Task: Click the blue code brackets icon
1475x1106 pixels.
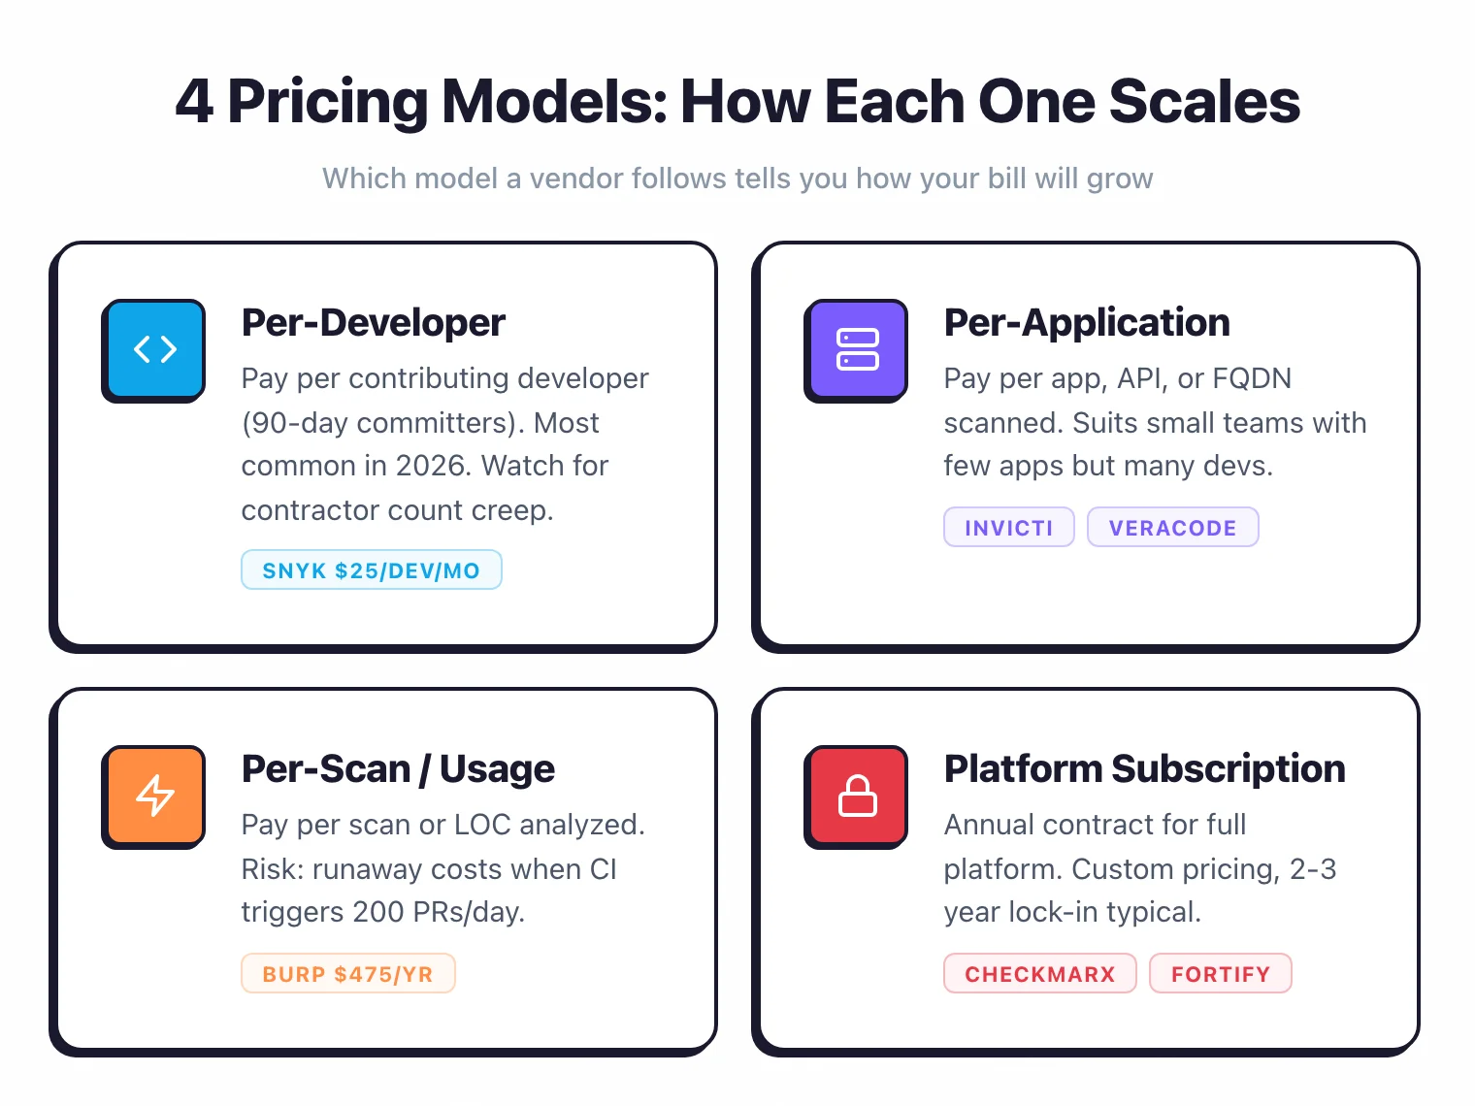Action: [155, 348]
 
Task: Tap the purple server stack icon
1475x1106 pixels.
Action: [858, 348]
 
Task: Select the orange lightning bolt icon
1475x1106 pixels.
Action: [155, 795]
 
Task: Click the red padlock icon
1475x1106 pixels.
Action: [858, 795]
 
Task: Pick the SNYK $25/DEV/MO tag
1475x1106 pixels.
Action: [372, 570]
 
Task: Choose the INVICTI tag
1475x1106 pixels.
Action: [1008, 528]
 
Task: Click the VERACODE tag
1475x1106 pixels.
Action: [1172, 528]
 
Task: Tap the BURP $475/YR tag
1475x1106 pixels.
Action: [347, 974]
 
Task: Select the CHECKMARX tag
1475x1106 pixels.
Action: [1039, 974]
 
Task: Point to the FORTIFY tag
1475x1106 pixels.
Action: [1220, 974]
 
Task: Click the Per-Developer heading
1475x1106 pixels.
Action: [374, 323]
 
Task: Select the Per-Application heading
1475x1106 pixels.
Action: [1087, 323]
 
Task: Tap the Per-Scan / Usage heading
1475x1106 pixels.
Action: [398, 769]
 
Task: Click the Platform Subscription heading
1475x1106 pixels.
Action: [1144, 769]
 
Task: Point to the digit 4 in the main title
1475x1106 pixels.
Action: [194, 102]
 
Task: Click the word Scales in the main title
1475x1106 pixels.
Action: [1204, 102]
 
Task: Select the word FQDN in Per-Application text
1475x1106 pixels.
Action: [1252, 378]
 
